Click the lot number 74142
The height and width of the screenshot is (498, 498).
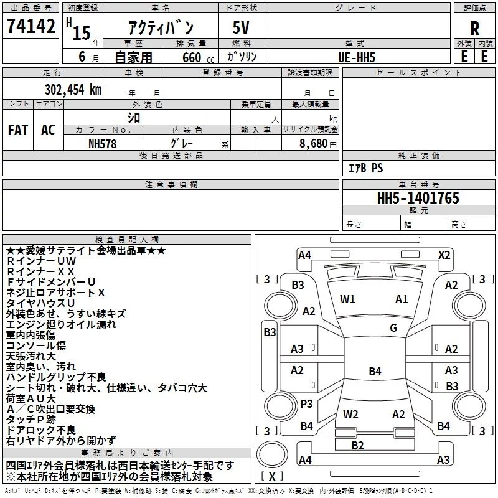pyautogui.click(x=31, y=27)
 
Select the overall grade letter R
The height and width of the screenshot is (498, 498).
pyautogui.click(x=475, y=29)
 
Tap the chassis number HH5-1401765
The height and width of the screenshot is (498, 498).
pyautogui.click(x=418, y=198)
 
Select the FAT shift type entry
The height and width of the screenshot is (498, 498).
pyautogui.click(x=18, y=130)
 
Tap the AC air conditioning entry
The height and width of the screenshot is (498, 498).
pyautogui.click(x=48, y=130)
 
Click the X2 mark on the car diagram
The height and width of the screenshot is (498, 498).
pyautogui.click(x=444, y=255)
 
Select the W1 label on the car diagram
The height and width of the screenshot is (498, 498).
pyautogui.click(x=347, y=299)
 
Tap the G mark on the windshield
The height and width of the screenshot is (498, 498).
pyautogui.click(x=393, y=328)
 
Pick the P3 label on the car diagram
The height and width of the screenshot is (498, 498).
pyautogui.click(x=306, y=403)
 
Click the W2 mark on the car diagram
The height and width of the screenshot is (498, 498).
pyautogui.click(x=350, y=414)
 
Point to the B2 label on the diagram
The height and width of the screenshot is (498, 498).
pyautogui.click(x=357, y=445)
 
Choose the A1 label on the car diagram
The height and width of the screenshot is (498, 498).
pyautogui.click(x=402, y=299)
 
